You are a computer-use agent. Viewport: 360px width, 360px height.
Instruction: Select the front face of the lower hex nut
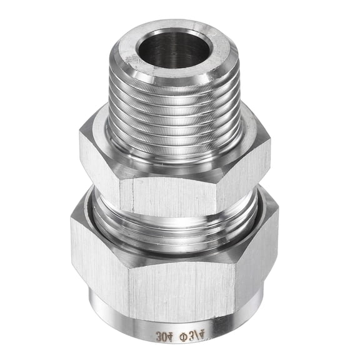[181, 281]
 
